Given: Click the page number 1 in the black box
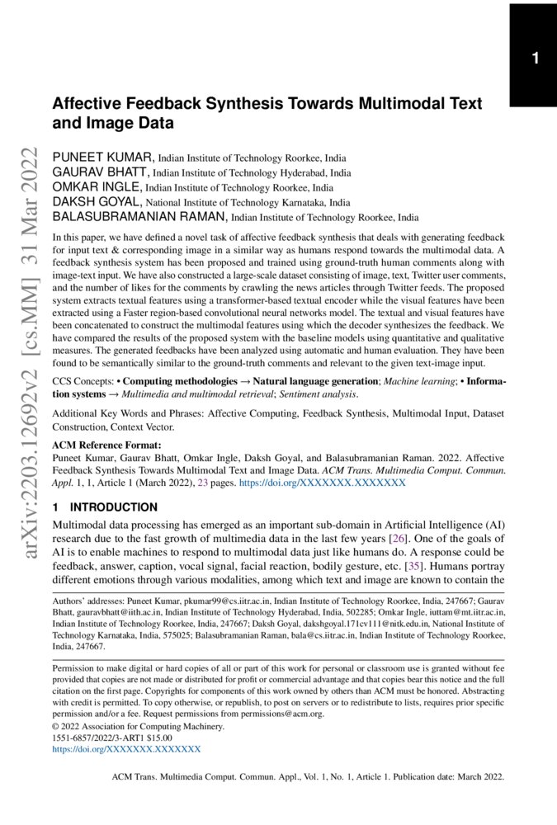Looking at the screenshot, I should tap(535, 59).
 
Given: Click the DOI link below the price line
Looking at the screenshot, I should tap(126, 750).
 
